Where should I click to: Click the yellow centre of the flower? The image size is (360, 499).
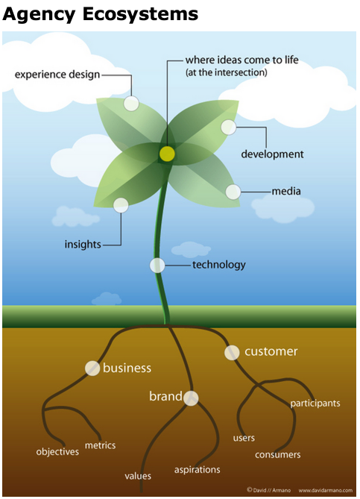pos(167,154)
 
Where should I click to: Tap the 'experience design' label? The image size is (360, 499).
pos(57,75)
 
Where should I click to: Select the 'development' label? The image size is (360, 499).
pos(272,154)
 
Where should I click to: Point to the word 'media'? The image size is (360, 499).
pos(286,191)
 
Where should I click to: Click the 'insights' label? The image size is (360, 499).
pos(83,245)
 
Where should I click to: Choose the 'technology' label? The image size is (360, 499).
pos(219,265)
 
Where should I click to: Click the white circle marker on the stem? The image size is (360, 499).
pos(157,266)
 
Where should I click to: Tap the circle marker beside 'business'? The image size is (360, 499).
pos(92,368)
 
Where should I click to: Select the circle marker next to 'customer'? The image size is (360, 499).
pos(232,353)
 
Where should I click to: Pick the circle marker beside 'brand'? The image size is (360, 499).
pos(191,398)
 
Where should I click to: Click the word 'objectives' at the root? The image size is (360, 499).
pos(57,451)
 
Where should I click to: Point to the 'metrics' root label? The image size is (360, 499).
pos(100,445)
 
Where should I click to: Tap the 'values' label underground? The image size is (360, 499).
pos(138,476)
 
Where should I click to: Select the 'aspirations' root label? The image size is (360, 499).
pos(198,470)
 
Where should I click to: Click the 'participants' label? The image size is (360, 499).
pos(315,404)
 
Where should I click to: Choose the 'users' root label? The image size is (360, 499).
pos(244,439)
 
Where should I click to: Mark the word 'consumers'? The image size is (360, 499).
pos(277,455)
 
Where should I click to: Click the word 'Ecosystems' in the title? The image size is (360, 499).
pos(140,13)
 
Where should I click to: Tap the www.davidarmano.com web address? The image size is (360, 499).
pos(325,490)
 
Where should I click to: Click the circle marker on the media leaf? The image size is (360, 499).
pos(233,192)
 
